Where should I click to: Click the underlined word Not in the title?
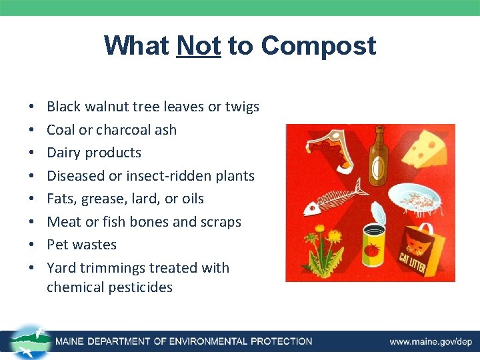[199, 46]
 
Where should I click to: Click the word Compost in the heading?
[319, 46]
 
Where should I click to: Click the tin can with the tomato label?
[377, 249]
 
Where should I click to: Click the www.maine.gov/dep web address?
[431, 341]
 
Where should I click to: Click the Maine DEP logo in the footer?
[28, 341]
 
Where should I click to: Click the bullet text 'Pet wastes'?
[81, 245]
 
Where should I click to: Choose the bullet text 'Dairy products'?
[94, 153]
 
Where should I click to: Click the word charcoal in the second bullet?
[122, 130]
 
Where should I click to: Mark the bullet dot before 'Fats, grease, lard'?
[31, 199]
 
